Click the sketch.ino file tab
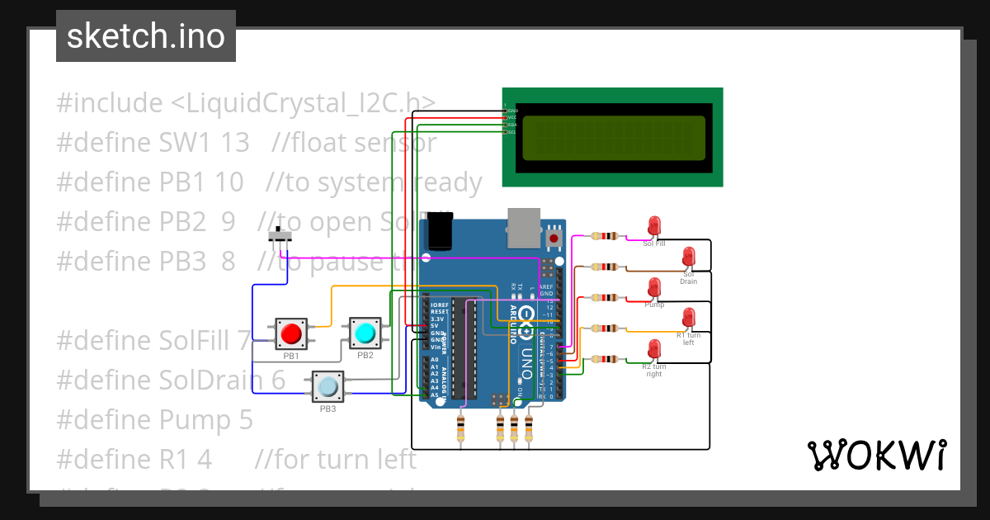tap(146, 36)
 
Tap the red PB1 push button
tap(291, 334)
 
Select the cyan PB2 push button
tap(365, 333)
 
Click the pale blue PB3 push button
tap(328, 386)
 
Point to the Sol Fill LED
tap(654, 226)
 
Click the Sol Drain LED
tap(688, 257)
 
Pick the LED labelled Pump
tap(654, 288)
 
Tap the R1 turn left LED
tap(688, 319)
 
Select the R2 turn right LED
tap(654, 350)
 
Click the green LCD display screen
tap(614, 138)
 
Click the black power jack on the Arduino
tap(438, 230)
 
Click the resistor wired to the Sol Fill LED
tap(606, 236)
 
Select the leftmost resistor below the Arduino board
tap(460, 428)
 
